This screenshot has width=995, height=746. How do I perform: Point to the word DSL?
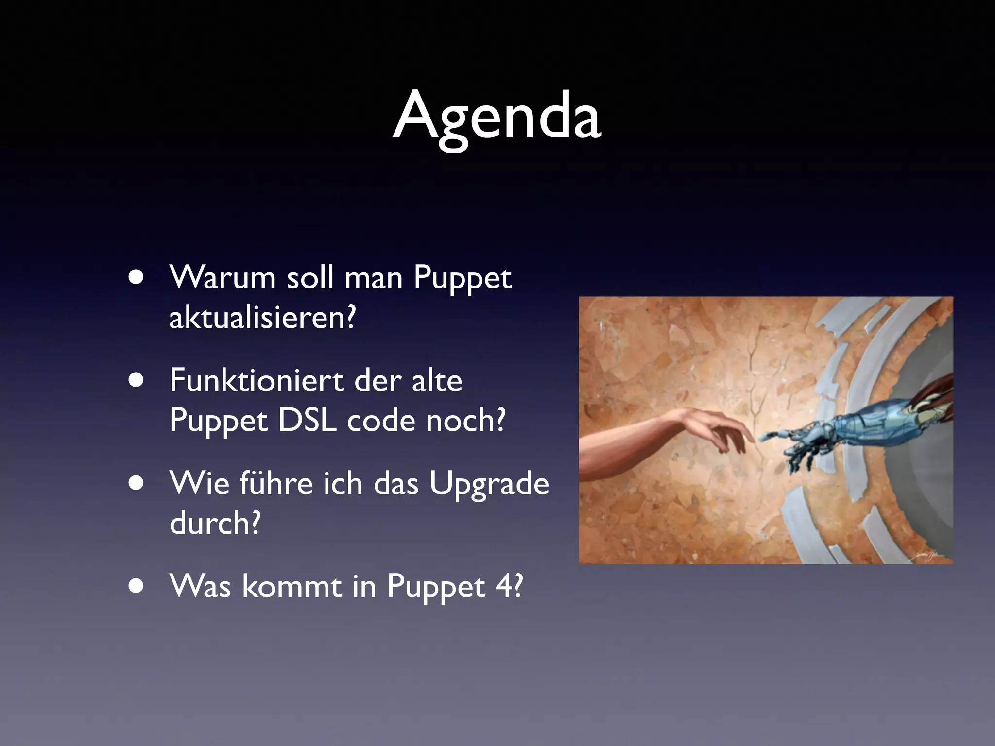click(308, 420)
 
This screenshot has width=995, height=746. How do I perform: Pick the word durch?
click(215, 523)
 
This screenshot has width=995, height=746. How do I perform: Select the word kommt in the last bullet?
click(292, 586)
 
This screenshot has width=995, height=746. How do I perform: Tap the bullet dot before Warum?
click(137, 278)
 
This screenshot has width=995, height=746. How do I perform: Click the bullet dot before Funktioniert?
click(137, 381)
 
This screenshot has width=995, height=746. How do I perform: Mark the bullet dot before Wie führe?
click(137, 484)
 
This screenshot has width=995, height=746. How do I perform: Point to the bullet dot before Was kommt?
click(137, 586)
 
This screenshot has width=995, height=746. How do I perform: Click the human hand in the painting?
click(714, 427)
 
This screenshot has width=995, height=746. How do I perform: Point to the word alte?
click(437, 380)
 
